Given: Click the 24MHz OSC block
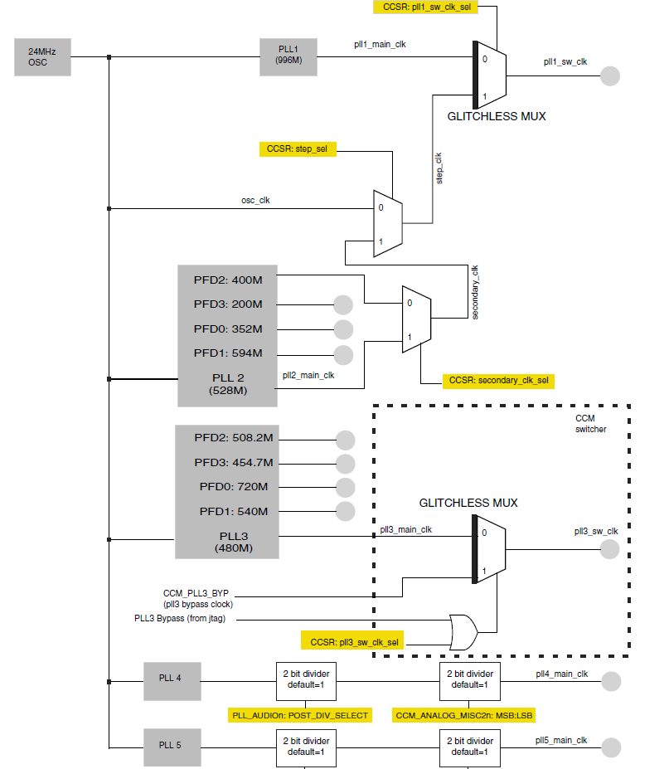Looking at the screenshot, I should [42, 57].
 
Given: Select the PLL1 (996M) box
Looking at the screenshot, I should [288, 57].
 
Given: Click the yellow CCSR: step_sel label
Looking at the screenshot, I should [297, 150].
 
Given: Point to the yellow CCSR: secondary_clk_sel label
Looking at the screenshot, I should [498, 381].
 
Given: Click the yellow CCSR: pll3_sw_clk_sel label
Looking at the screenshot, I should [354, 641].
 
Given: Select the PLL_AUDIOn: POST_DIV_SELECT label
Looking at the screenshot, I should [299, 714].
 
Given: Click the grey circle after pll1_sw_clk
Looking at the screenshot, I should [610, 75].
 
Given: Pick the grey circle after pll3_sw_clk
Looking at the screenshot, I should [610, 549].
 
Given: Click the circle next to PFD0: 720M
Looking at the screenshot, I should [345, 487].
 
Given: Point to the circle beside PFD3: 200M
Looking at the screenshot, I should [342, 304].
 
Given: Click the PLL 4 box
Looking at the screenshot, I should [169, 678].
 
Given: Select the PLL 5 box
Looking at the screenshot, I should [169, 744].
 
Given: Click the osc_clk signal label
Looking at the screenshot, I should [255, 200].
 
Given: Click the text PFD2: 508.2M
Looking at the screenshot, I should [235, 438].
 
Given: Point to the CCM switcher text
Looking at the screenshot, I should [591, 423].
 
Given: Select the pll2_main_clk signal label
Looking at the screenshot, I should [308, 376].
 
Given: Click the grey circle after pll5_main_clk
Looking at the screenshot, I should [610, 747].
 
